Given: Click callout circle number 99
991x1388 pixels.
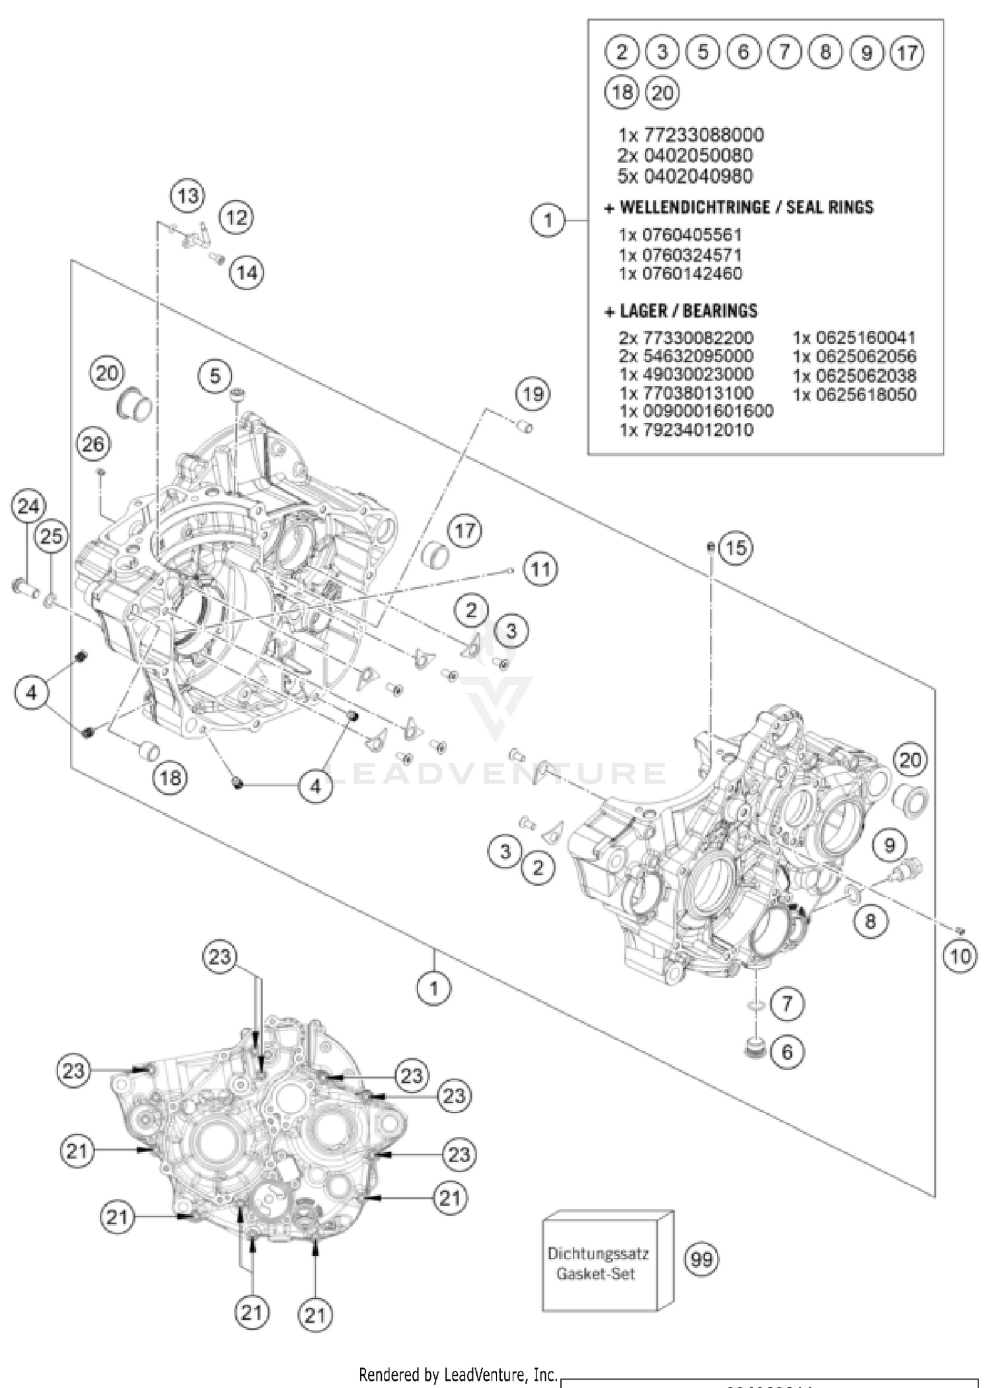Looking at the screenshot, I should (702, 1259).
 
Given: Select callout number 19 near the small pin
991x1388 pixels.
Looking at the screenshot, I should (533, 394).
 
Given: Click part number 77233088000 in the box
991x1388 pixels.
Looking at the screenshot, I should (690, 135).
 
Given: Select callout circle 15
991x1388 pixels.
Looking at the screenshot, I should (736, 548).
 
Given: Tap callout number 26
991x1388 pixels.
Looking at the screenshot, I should (93, 444).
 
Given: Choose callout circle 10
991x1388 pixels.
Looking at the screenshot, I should (960, 956).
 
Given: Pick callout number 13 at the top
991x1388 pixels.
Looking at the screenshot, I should (188, 196).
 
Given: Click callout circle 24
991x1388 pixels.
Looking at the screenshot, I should (28, 507).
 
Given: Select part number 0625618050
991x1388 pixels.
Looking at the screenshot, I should (854, 395).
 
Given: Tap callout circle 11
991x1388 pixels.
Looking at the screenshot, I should (540, 569).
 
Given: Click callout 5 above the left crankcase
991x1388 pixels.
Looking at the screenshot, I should (215, 376).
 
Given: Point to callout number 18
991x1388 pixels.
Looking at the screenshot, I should (170, 778).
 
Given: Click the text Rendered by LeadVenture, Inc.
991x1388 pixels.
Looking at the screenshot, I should (458, 1375).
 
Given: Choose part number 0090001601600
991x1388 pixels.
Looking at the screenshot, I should (696, 411).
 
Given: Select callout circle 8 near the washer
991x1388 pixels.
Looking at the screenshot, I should (870, 920).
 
